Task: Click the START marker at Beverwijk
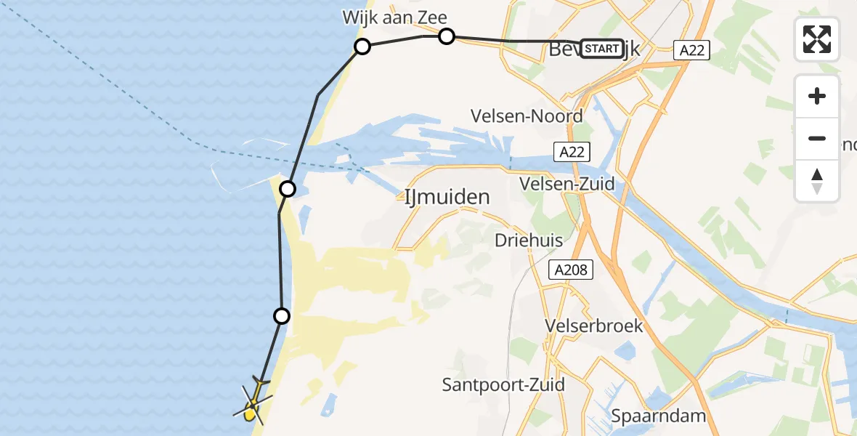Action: (x=601, y=49)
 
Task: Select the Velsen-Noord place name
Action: (x=527, y=116)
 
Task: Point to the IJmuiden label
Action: (x=447, y=196)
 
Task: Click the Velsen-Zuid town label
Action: (x=567, y=184)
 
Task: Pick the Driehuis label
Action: (x=526, y=240)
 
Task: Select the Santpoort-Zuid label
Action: (x=504, y=384)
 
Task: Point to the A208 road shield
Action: (x=571, y=270)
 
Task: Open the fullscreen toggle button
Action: (x=817, y=39)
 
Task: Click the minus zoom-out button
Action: (x=817, y=139)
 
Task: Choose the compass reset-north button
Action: (x=817, y=181)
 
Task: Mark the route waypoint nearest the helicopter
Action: (x=282, y=316)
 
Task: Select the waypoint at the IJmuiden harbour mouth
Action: (x=288, y=190)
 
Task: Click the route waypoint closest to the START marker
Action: (x=447, y=36)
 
